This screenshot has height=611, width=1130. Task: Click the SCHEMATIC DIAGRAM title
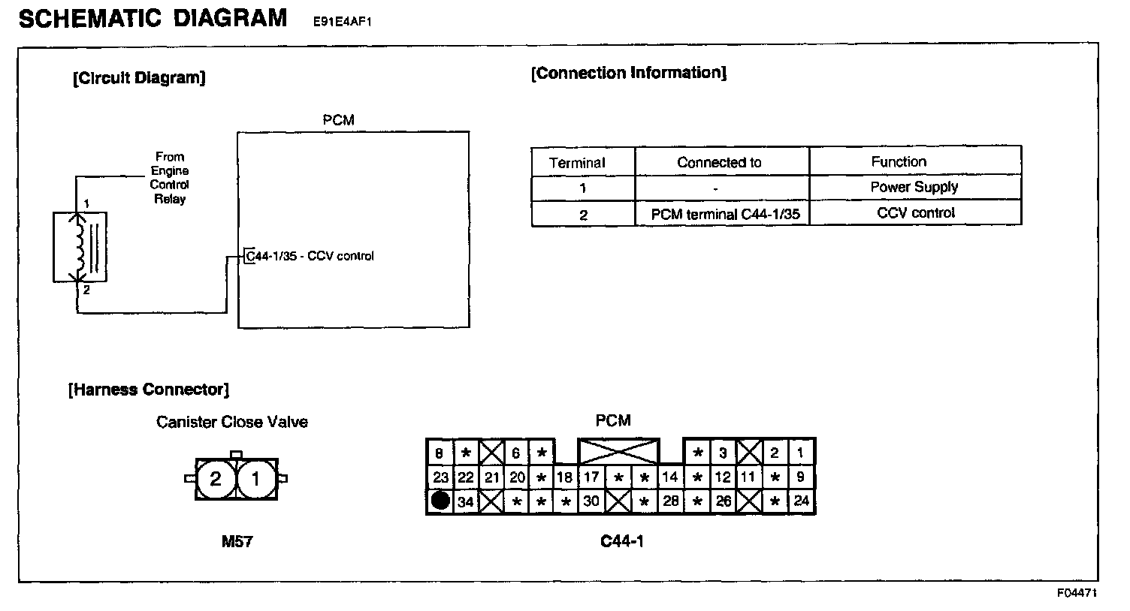click(153, 18)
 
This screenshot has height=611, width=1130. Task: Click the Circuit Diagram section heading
click(139, 78)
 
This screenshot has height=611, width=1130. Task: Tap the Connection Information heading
click(628, 73)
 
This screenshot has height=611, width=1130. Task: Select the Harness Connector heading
click(149, 390)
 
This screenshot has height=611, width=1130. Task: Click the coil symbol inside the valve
click(78, 247)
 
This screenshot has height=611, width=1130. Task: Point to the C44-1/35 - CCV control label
click(310, 256)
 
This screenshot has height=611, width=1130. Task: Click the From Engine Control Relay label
click(170, 178)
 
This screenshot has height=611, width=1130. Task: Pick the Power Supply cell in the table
click(914, 187)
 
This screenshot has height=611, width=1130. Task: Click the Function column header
click(899, 161)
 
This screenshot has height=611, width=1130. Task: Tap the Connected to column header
click(719, 162)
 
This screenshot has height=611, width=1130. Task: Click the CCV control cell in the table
click(915, 213)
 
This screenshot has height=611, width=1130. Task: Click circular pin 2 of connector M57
click(216, 478)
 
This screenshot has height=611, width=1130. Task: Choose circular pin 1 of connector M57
click(256, 478)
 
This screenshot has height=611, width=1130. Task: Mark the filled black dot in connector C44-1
click(440, 501)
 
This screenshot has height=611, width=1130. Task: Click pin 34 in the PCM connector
click(466, 501)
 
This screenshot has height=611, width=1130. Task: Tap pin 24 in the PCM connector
click(801, 501)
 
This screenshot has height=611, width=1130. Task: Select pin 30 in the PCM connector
click(591, 501)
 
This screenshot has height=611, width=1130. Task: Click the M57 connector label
click(237, 541)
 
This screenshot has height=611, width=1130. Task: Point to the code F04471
click(1077, 593)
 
